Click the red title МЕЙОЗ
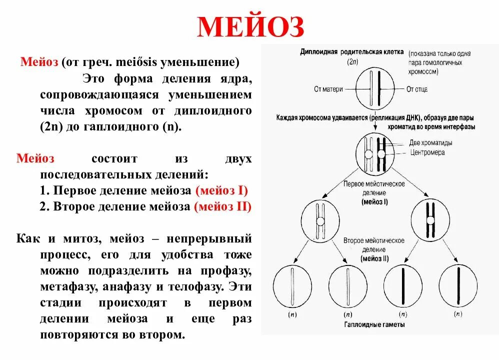click(250, 27)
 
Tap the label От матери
click(328, 89)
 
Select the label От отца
click(416, 89)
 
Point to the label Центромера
click(426, 152)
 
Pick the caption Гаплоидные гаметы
click(374, 324)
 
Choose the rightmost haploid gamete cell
click(458, 286)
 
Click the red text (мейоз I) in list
click(221, 190)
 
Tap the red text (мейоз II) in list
click(222, 206)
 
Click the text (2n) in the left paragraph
click(50, 126)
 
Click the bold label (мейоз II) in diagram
click(374, 258)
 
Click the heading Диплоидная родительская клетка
click(351, 52)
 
